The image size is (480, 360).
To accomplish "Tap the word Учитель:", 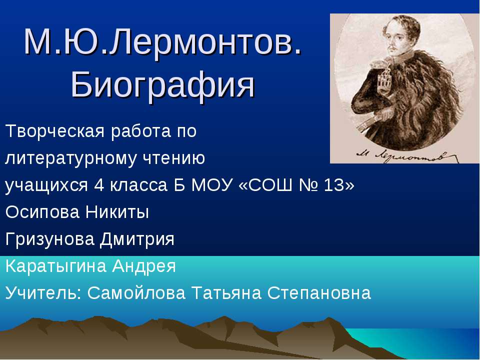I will point(43,293).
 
